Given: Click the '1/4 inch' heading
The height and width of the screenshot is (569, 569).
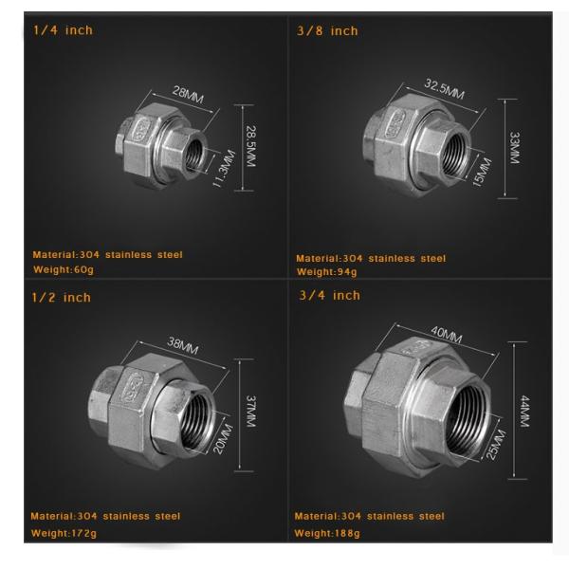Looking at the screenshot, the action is [63, 30].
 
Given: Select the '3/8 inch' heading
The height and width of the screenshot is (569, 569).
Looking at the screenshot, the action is [327, 31].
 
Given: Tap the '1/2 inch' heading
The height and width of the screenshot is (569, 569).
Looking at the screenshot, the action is [61, 298].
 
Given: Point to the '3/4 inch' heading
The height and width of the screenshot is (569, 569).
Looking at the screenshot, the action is [329, 295].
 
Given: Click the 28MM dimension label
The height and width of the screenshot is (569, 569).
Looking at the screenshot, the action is [188, 95].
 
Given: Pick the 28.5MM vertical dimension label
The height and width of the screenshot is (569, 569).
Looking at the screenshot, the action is [250, 146].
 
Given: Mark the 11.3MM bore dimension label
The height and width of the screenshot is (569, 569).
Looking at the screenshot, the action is [224, 169].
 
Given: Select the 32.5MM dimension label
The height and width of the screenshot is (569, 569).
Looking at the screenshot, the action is [445, 89].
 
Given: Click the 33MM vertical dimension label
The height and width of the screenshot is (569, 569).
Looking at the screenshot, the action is [515, 148].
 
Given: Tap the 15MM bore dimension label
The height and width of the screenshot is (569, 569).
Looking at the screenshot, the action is [482, 173].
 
